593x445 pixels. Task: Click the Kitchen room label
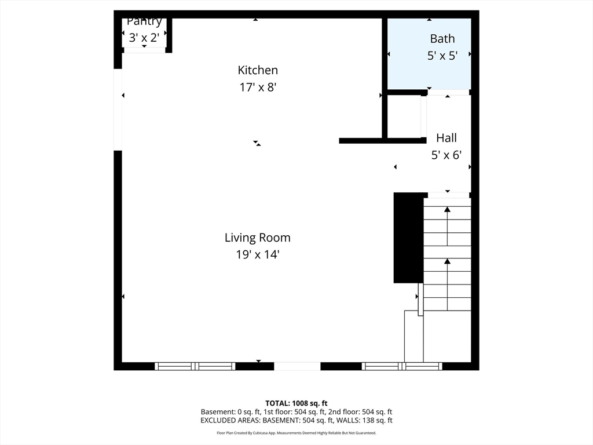pyautogui.click(x=258, y=70)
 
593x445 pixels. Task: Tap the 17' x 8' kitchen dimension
pyautogui.click(x=258, y=87)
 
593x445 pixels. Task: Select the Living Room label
pyautogui.click(x=258, y=238)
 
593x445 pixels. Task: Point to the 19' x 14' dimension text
pyautogui.click(x=258, y=255)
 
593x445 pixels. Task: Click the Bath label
pyautogui.click(x=442, y=39)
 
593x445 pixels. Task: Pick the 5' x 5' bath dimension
pyautogui.click(x=442, y=56)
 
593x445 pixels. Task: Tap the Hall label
pyautogui.click(x=446, y=138)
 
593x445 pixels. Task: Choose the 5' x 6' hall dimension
pyautogui.click(x=446, y=155)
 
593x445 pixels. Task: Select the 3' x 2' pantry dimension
pyautogui.click(x=144, y=38)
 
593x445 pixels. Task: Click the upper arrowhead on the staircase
pyautogui.click(x=448, y=209)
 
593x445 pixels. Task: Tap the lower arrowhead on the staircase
pyautogui.click(x=448, y=261)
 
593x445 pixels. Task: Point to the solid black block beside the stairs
pyautogui.click(x=408, y=238)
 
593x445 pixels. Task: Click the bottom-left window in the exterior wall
pyautogui.click(x=195, y=366)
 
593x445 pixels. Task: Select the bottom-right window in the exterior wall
pyautogui.click(x=402, y=366)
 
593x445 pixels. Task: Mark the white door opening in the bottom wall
pyautogui.click(x=297, y=366)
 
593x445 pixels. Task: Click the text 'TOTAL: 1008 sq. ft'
pyautogui.click(x=296, y=403)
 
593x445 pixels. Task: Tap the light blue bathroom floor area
pyautogui.click(x=429, y=54)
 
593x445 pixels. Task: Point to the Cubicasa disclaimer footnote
pyautogui.click(x=296, y=433)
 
